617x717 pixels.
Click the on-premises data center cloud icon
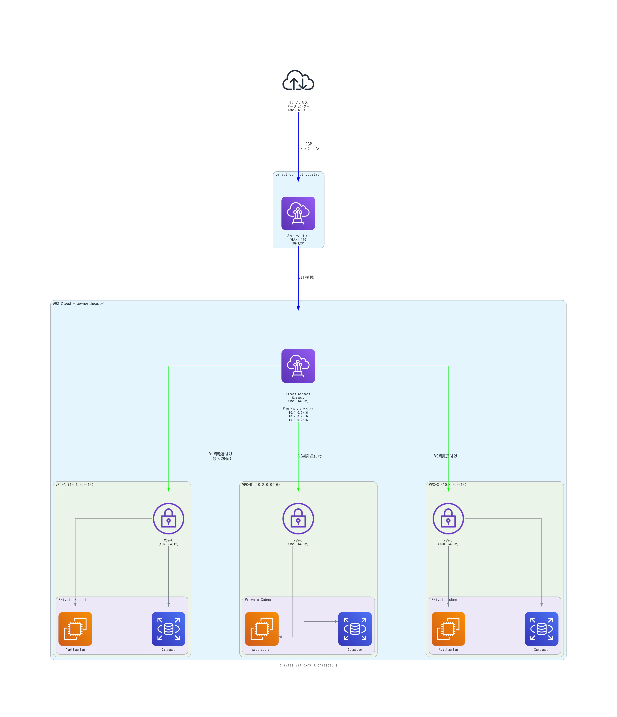298,80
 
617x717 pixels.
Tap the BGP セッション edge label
309,146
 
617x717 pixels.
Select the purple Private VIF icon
298,213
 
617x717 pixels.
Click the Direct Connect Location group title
298,174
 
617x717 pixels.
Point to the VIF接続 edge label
306,277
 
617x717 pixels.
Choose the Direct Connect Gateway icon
298,366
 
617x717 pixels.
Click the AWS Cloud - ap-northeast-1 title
79,303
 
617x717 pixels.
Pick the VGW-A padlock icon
168,518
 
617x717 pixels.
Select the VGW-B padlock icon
298,518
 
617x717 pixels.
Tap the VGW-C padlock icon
448,518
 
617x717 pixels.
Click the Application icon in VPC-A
75,629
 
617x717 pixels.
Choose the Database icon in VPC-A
168,629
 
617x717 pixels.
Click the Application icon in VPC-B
262,629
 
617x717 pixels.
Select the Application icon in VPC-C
448,629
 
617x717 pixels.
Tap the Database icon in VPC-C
541,629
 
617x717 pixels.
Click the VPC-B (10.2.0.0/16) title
261,485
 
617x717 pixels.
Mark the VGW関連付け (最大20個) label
221,456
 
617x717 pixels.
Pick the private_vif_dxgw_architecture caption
308,665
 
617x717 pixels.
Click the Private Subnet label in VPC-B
259,599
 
